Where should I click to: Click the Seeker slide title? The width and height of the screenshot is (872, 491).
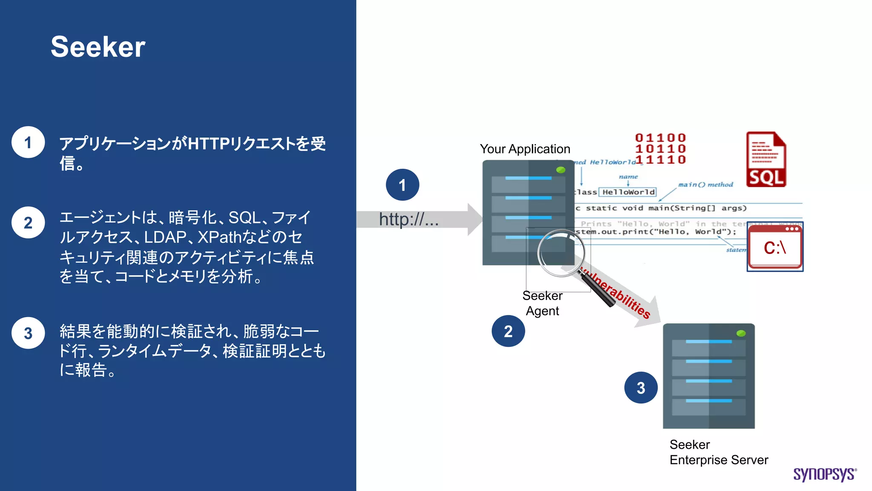coord(98,47)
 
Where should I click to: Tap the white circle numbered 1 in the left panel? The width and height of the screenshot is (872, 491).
coord(28,142)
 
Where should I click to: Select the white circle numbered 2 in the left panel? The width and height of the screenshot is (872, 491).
coord(28,222)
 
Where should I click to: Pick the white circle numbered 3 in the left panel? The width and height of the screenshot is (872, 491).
coord(28,333)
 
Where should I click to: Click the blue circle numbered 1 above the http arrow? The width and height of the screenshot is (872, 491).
coord(402,185)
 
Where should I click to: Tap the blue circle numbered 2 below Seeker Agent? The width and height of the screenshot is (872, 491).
coord(508,331)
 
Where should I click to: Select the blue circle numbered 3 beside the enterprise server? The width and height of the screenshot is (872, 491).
coord(641,387)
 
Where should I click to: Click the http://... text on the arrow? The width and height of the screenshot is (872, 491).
coord(408,220)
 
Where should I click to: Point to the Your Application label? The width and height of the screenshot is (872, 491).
coord(525,149)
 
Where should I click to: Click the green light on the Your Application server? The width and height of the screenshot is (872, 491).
coord(561,170)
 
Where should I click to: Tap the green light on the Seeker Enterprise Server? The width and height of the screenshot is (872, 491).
coord(741,333)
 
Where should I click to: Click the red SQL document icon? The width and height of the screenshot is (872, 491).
coord(766,159)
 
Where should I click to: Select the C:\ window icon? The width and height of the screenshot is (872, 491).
coord(775,247)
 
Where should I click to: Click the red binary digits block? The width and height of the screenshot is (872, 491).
coord(660,149)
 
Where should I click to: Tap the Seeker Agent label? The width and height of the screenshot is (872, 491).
coord(542,303)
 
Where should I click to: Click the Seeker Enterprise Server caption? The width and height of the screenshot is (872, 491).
coord(718,452)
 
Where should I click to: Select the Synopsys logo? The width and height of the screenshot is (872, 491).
coord(824,474)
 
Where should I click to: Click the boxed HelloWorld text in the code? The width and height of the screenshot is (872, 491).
coord(628,192)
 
